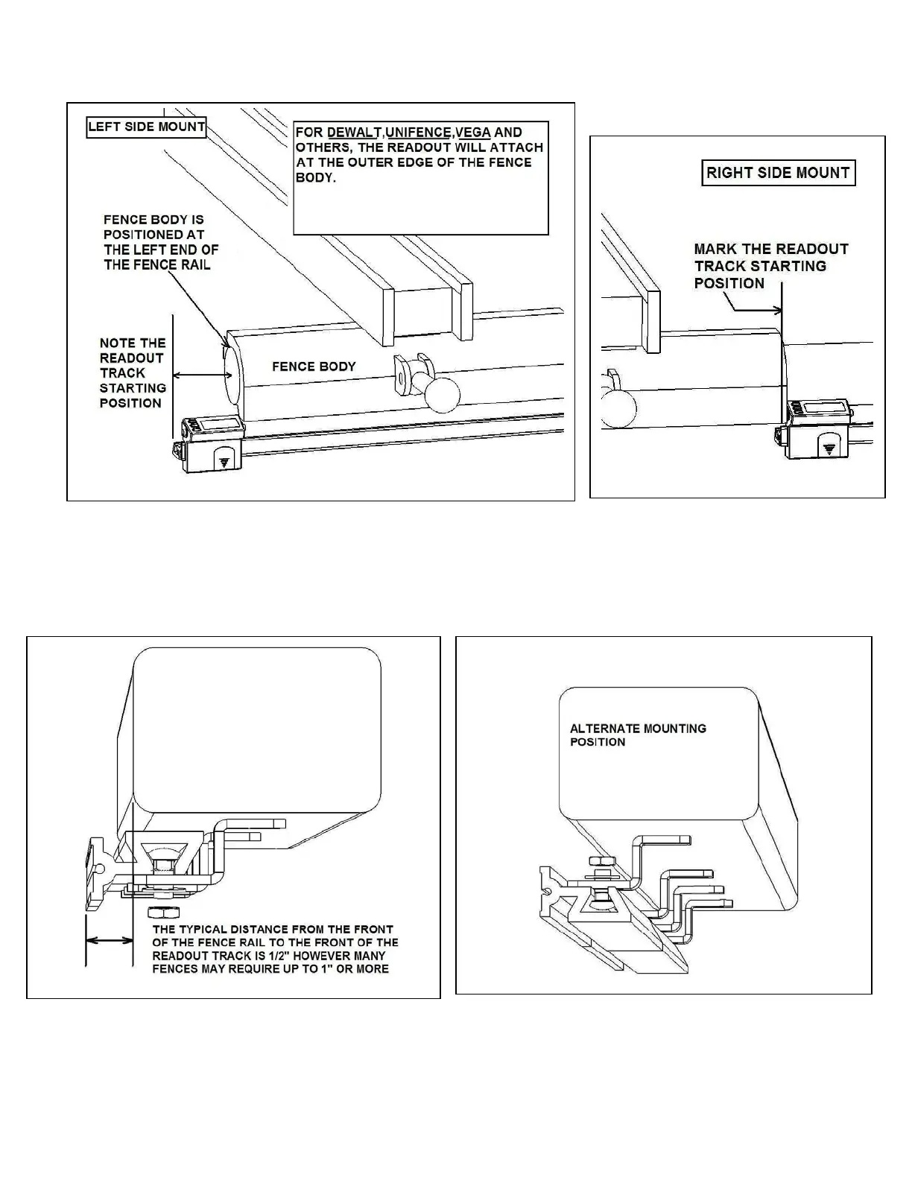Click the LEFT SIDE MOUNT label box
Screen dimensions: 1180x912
[x=146, y=127]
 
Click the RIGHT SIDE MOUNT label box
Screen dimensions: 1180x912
[x=778, y=173]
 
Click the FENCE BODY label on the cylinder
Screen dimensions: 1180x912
[x=314, y=367]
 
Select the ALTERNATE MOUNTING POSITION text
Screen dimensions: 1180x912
[x=638, y=735]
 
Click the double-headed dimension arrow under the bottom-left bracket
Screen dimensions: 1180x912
[x=109, y=942]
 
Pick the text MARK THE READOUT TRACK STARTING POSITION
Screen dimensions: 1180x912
[x=770, y=266]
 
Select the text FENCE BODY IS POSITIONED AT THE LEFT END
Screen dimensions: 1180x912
[x=161, y=243]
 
